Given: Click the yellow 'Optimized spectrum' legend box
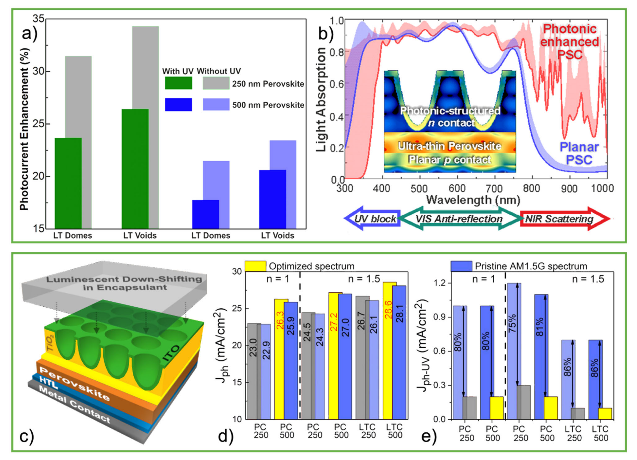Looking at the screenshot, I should [x=255, y=266].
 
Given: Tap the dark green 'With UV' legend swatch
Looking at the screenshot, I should [x=178, y=83].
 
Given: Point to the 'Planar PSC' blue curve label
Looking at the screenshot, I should [x=579, y=153].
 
